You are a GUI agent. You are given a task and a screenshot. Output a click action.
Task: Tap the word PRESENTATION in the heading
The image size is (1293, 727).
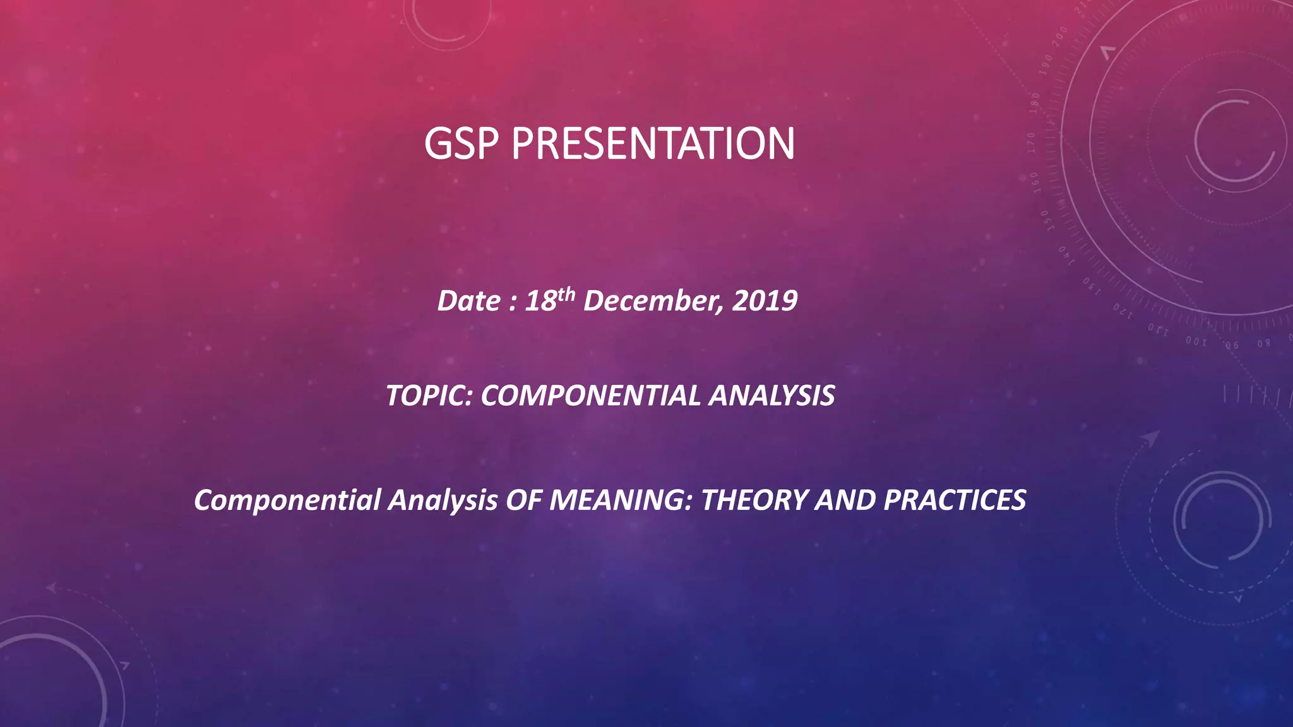point(653,144)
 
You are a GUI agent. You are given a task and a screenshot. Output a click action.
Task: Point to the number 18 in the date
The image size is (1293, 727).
point(540,301)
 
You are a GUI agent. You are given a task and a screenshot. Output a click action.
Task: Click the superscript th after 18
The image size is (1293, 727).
point(566,293)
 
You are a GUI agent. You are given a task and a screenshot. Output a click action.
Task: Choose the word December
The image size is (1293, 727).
point(653,301)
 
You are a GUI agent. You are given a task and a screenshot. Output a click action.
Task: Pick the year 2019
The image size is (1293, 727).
point(765,301)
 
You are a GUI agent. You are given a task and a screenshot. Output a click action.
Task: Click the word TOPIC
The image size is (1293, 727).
point(429,396)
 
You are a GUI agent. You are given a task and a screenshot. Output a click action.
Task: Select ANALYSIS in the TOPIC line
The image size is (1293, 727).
point(772,396)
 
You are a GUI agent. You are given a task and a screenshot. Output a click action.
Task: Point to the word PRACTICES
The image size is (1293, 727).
point(954,500)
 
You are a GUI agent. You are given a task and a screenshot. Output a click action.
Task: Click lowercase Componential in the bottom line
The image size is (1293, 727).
point(287,500)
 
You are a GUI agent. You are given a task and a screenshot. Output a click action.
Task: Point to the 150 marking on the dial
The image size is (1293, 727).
point(1046,221)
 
